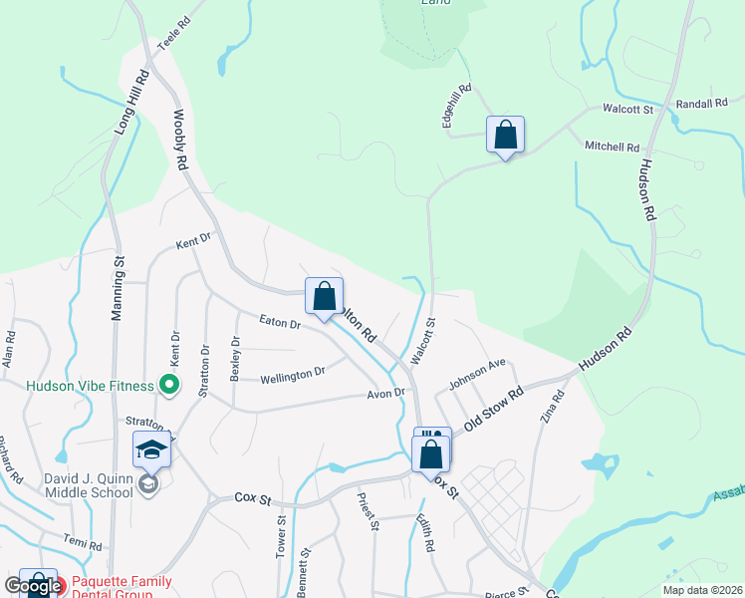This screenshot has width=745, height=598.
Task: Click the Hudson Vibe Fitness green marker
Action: click(169, 384)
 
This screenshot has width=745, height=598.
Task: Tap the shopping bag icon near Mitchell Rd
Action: click(505, 135)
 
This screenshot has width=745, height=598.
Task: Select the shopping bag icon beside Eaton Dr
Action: click(324, 296)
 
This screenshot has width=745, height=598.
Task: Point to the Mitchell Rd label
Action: click(612, 147)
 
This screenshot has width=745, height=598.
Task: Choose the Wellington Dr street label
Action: click(293, 376)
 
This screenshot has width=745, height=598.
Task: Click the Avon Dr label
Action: click(385, 393)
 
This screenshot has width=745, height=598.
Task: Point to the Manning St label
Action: click(118, 289)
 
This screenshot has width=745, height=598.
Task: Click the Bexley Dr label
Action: click(236, 356)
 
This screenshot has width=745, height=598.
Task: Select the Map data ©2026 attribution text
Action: click(702, 590)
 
